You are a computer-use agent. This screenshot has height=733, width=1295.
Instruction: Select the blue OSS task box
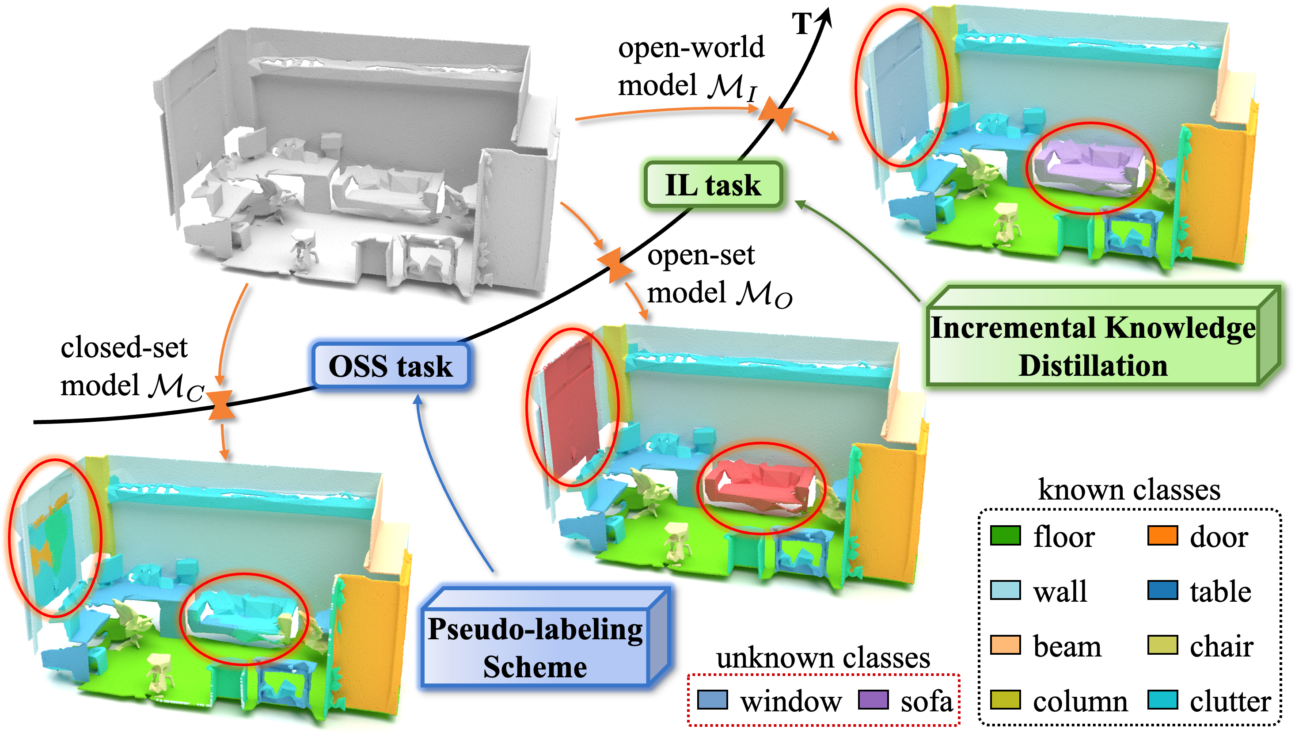click(x=391, y=366)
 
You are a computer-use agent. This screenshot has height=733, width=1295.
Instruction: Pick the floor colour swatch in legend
click(x=1005, y=536)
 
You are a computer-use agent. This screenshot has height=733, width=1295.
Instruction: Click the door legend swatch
click(x=1162, y=536)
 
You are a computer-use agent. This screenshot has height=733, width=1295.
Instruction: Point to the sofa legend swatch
click(x=873, y=700)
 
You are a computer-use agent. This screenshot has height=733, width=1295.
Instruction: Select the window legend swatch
click(x=712, y=700)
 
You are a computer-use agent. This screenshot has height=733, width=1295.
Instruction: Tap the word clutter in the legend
click(x=1230, y=701)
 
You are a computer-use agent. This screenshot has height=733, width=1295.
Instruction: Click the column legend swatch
click(x=1005, y=700)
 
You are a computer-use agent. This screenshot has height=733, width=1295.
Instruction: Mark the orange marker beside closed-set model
click(x=221, y=405)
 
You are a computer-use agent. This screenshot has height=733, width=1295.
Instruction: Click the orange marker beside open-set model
click(x=614, y=265)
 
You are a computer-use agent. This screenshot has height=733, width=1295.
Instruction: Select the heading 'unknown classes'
click(x=823, y=658)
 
